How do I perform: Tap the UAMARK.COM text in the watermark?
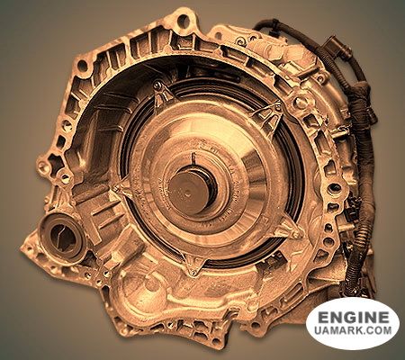coord(353,330)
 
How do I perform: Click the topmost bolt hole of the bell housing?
coord(183,20)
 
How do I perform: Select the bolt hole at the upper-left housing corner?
coord(82,66)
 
